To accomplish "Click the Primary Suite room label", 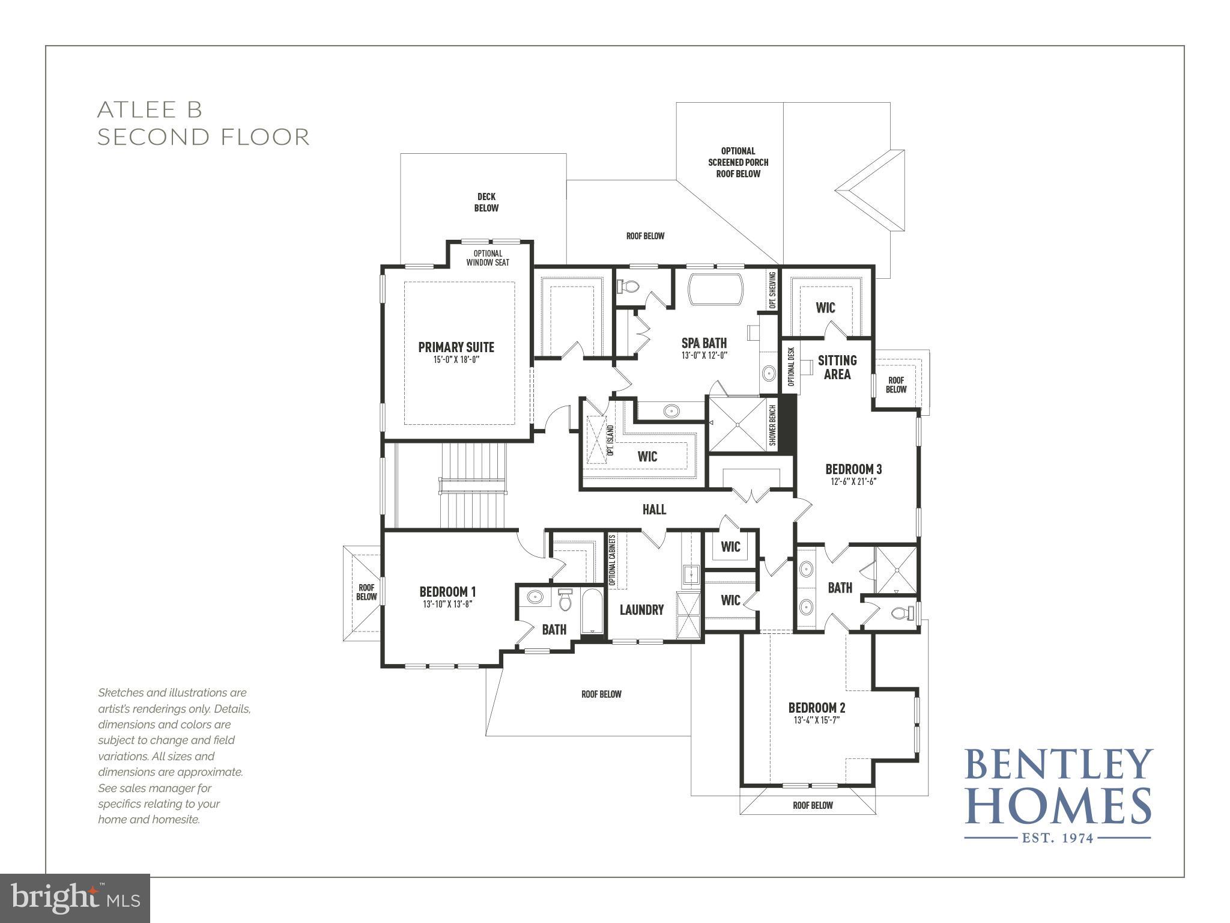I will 456,347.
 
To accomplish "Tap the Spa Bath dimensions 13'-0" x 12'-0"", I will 704,355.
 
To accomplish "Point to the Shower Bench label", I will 772,425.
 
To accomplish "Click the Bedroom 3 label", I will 853,469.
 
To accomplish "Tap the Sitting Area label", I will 837,367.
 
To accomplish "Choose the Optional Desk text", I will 791,367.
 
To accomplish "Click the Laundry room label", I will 641,610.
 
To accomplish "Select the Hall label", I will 654,510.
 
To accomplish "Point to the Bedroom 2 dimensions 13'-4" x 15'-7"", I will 816,720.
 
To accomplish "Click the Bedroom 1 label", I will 447,592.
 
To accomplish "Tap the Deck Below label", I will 486,202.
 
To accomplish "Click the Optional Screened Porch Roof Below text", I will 738,162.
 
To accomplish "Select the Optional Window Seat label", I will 488,258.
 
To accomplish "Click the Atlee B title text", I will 150,109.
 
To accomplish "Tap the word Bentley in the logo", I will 1059,765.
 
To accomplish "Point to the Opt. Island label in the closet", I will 610,441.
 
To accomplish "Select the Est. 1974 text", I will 1058,837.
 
